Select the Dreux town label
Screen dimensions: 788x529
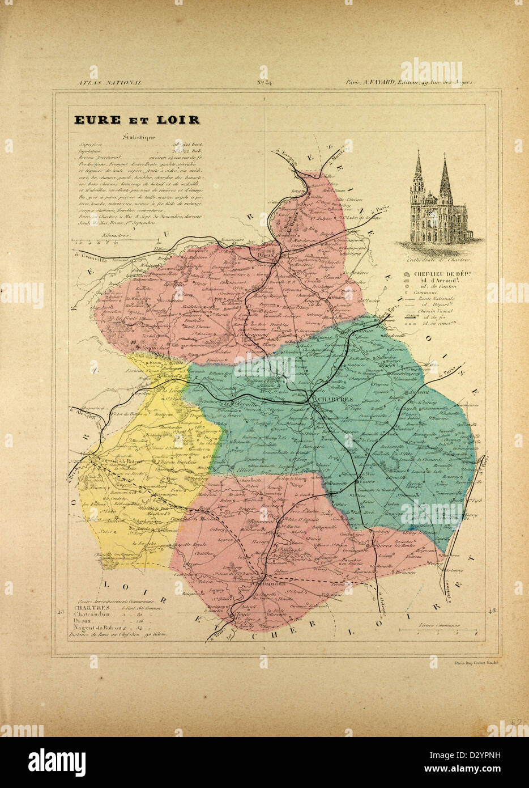[264, 256]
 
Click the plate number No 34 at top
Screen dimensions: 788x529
[264, 83]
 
